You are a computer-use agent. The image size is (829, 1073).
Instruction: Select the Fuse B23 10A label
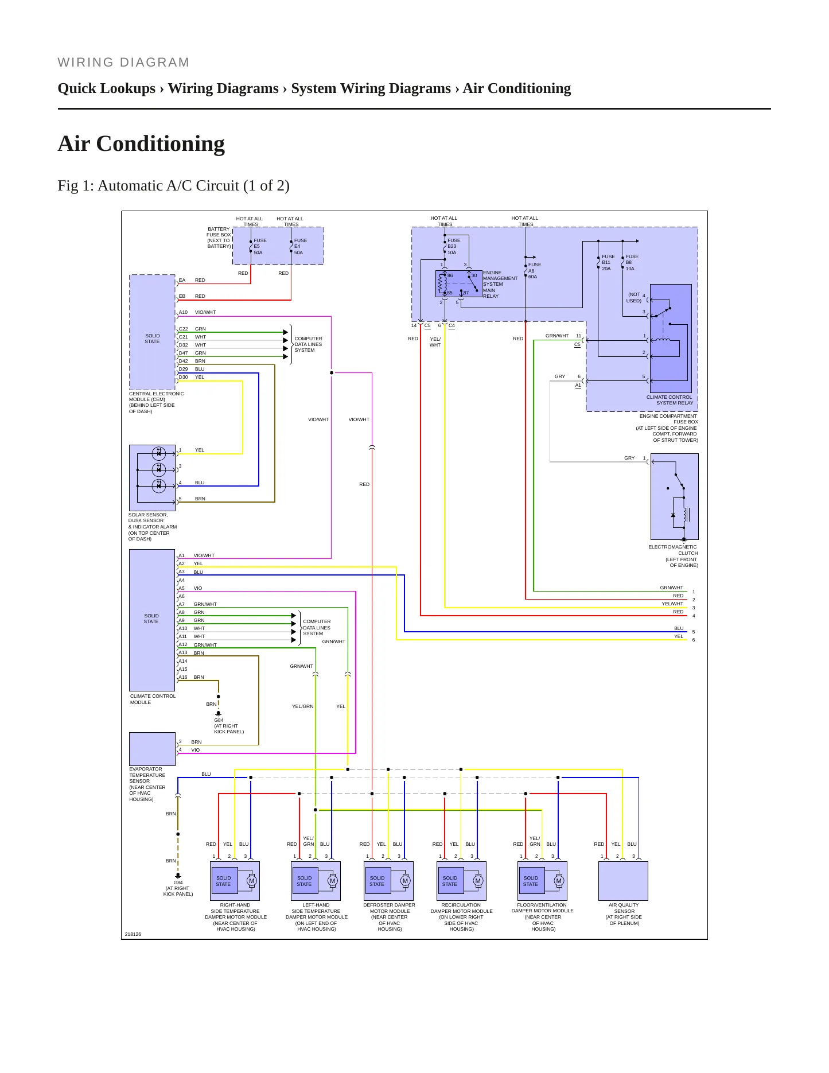454,247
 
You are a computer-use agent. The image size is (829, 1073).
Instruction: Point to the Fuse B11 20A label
608,263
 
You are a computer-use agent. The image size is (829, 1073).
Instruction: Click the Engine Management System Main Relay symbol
458,283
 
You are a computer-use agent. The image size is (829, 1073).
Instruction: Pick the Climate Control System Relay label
670,400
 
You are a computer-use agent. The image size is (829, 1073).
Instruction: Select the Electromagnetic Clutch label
673,556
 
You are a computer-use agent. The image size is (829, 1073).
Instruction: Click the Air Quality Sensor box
623,881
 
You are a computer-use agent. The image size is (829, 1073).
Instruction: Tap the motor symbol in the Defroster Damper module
405,881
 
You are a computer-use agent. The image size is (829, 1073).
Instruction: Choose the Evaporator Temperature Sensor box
152,749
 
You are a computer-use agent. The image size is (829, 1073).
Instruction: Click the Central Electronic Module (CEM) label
156,402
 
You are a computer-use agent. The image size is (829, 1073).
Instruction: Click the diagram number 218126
133,934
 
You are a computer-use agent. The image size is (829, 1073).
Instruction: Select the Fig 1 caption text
173,185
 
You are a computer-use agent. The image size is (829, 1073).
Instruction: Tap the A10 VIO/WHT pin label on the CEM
197,312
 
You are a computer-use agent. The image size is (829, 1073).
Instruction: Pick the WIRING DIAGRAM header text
123,62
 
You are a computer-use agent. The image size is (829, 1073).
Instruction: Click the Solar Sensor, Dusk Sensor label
152,527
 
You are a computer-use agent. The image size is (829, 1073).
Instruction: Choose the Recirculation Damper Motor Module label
461,917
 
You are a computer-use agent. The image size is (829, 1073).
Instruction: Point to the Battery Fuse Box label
219,238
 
